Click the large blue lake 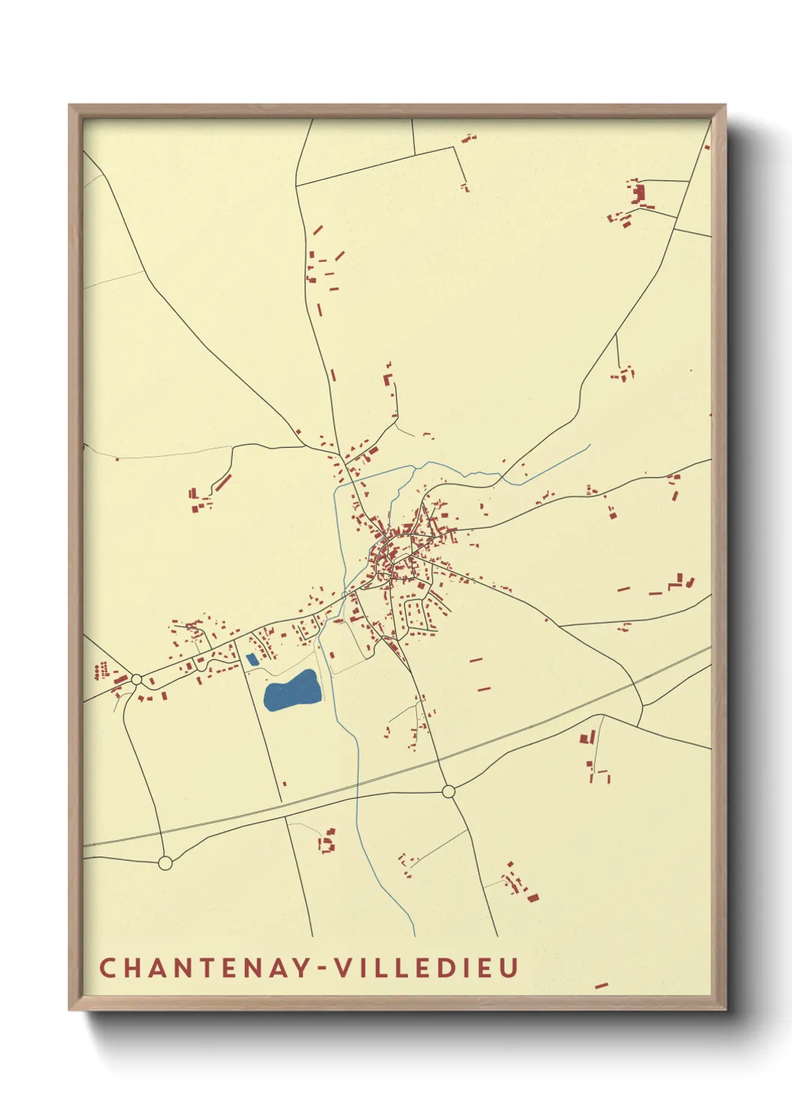293,691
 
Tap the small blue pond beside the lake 252,660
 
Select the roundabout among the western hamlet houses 136,680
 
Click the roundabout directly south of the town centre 448,791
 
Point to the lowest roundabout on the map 165,863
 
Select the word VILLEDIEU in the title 426,967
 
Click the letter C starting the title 108,967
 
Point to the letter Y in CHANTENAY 299,967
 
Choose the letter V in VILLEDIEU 342,967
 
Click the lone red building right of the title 600,986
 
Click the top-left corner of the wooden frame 70,106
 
